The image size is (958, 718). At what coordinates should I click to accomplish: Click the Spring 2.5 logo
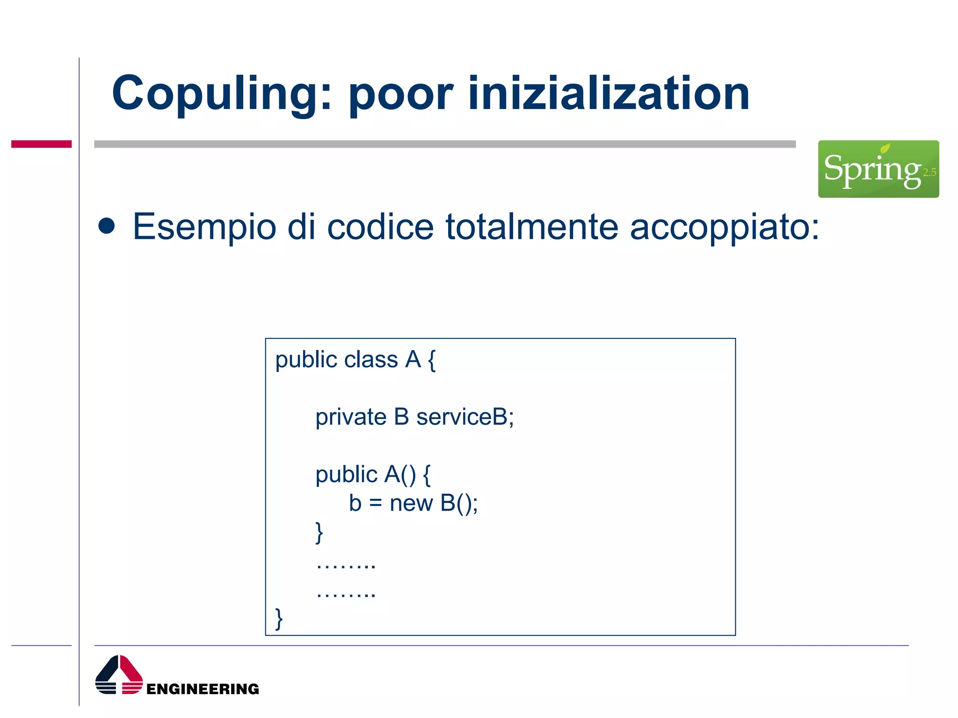[x=878, y=169]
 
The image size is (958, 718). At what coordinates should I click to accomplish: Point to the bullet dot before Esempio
[x=107, y=226]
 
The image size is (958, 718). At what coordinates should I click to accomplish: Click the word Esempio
[x=204, y=227]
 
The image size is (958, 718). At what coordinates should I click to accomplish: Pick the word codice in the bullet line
[x=380, y=227]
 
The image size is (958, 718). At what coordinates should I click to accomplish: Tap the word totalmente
[x=532, y=227]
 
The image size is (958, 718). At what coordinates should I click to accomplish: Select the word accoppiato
[x=724, y=227]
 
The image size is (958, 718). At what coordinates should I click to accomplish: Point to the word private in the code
[x=351, y=417]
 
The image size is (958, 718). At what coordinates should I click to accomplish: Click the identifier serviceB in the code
[x=464, y=417]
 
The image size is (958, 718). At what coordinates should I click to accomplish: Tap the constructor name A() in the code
[x=400, y=474]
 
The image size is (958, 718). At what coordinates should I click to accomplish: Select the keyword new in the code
[x=411, y=503]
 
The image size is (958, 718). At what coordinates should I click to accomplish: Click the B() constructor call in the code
[x=458, y=503]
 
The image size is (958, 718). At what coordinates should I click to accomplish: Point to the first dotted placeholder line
[x=346, y=565]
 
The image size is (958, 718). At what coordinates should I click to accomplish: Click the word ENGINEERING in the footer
[x=203, y=689]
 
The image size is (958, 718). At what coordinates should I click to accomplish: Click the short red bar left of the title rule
[x=41, y=144]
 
